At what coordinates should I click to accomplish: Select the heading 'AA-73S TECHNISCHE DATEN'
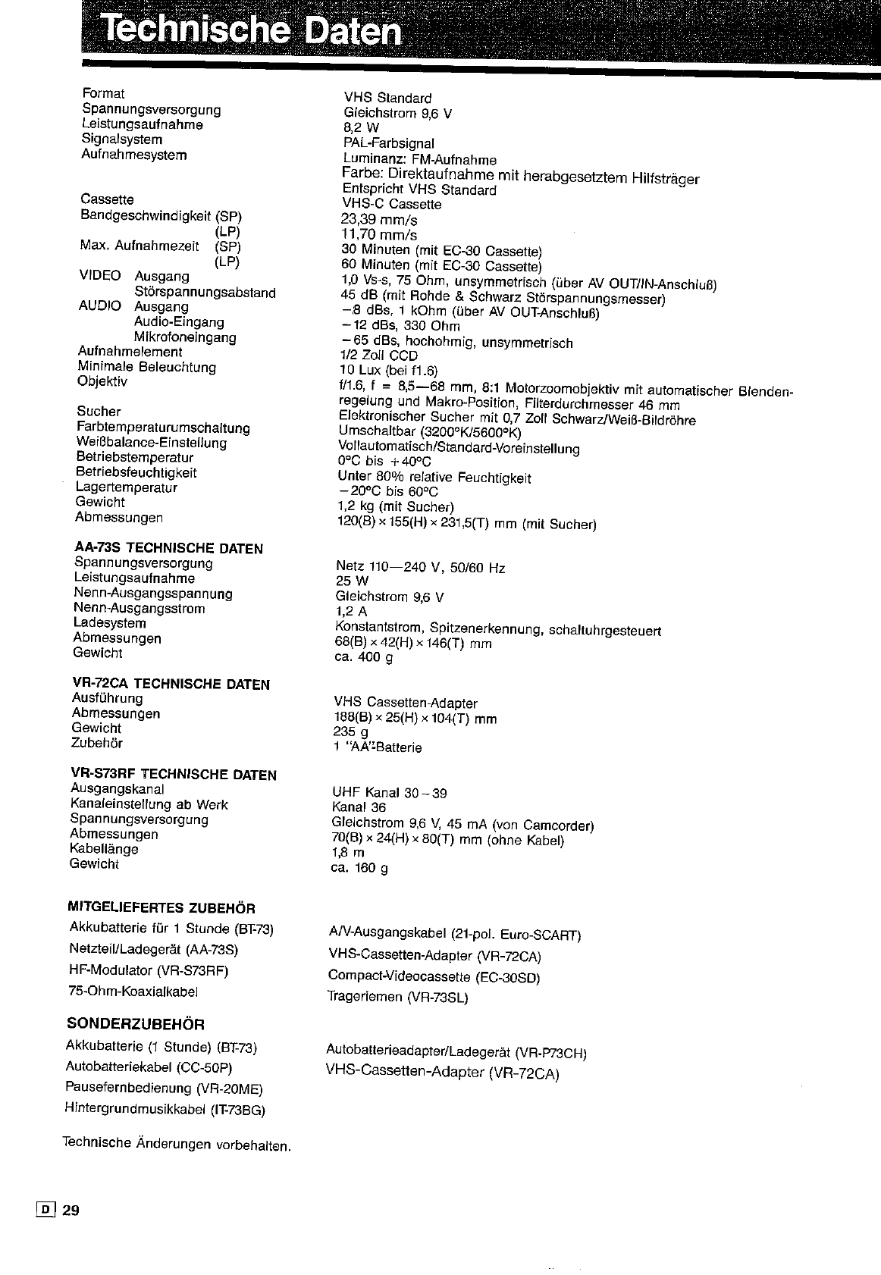point(168,548)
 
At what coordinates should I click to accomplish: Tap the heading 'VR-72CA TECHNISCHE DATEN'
point(171,684)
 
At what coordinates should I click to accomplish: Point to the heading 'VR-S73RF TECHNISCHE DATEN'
point(173,774)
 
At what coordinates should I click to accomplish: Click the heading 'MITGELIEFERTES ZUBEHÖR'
point(161,907)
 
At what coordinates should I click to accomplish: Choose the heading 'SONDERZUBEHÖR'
point(136,1024)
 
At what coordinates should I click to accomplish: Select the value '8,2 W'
point(361,128)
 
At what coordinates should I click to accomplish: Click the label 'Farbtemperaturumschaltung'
point(163,428)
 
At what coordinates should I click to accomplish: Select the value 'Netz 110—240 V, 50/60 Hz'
point(420,567)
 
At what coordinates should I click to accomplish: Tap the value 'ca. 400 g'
point(363,657)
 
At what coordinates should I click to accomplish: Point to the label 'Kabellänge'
point(104,849)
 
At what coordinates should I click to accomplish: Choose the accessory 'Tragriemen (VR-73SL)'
point(398,998)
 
